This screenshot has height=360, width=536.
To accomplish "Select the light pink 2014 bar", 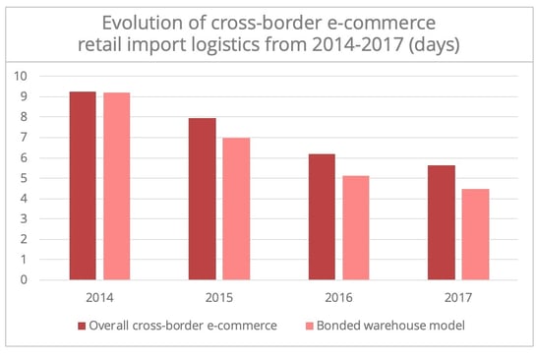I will (x=116, y=186).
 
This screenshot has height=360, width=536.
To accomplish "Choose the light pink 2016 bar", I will (x=357, y=227).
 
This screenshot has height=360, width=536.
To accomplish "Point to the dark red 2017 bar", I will (x=442, y=222).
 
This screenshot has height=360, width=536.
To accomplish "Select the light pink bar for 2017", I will (x=476, y=234).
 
